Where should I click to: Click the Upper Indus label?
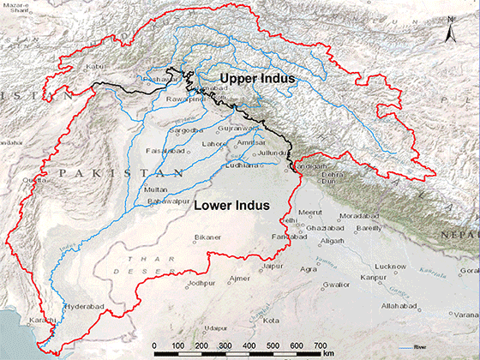click(x=257, y=79)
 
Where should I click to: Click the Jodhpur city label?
click(x=201, y=282)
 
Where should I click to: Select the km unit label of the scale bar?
click(x=328, y=352)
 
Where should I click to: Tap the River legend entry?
click(x=415, y=346)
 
